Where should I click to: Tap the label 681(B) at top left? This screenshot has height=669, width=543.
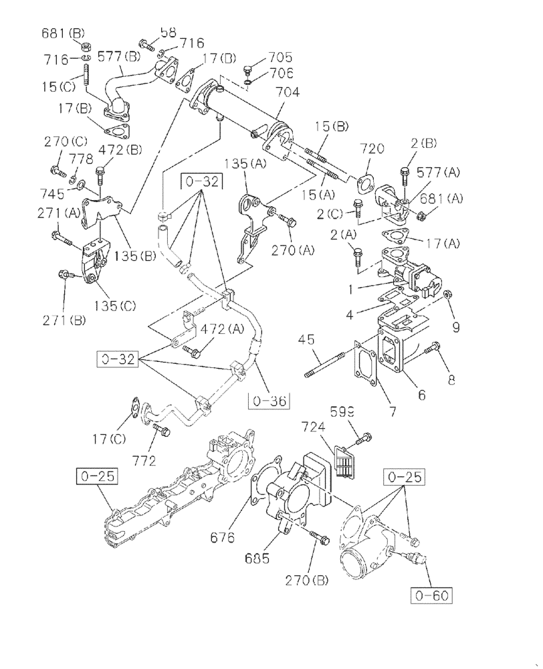[65, 31]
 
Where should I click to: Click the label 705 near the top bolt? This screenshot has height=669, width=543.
[281, 58]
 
